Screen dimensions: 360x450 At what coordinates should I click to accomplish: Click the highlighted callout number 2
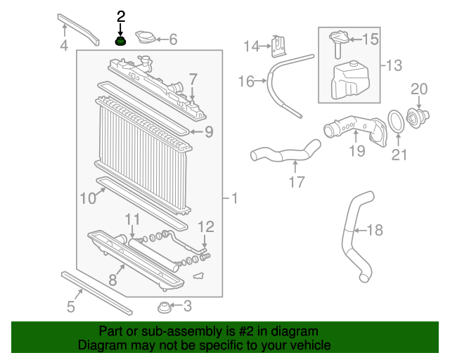pyautogui.click(x=121, y=16)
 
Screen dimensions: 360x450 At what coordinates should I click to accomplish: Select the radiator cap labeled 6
pyautogui.click(x=146, y=40)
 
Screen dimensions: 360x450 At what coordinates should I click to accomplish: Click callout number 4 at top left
pyautogui.click(x=64, y=47)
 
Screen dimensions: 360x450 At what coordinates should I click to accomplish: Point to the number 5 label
pyautogui.click(x=70, y=306)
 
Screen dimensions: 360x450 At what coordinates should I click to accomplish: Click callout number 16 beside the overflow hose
pyautogui.click(x=246, y=82)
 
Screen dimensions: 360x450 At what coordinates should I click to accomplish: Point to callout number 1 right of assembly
pyautogui.click(x=234, y=200)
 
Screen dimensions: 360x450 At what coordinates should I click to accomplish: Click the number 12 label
pyautogui.click(x=205, y=226)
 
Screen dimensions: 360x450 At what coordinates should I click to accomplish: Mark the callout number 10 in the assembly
pyautogui.click(x=87, y=199)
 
